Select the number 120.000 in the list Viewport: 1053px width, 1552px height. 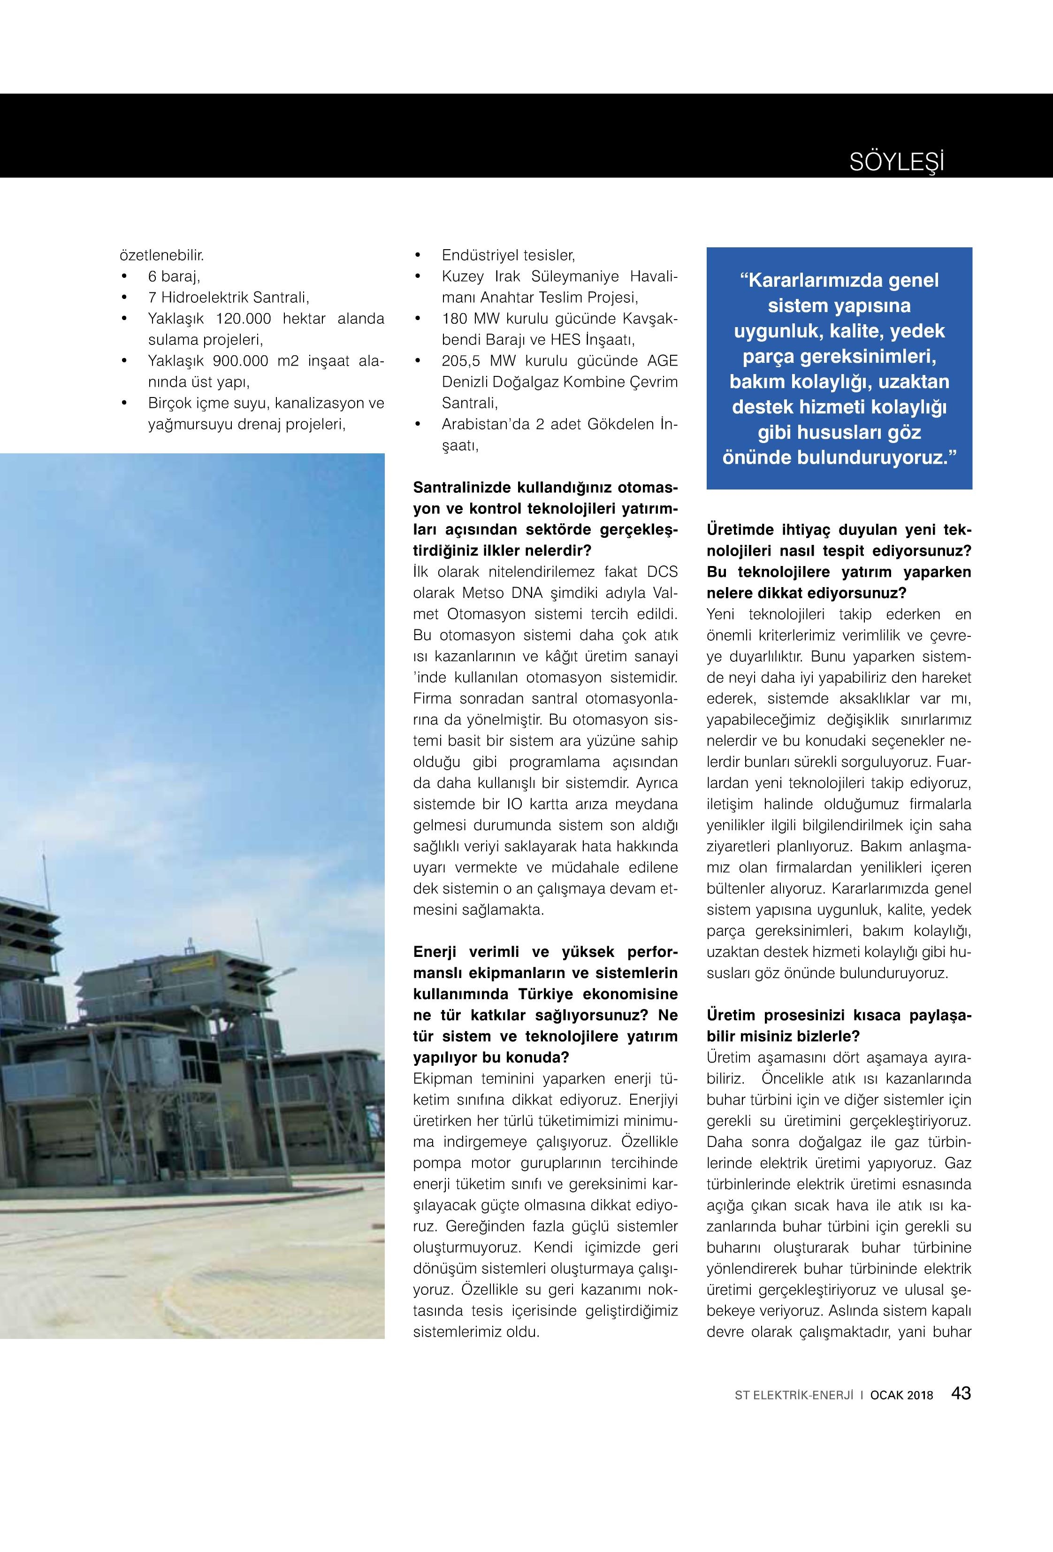[x=244, y=319]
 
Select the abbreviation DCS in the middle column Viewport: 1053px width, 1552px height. [x=663, y=572]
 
